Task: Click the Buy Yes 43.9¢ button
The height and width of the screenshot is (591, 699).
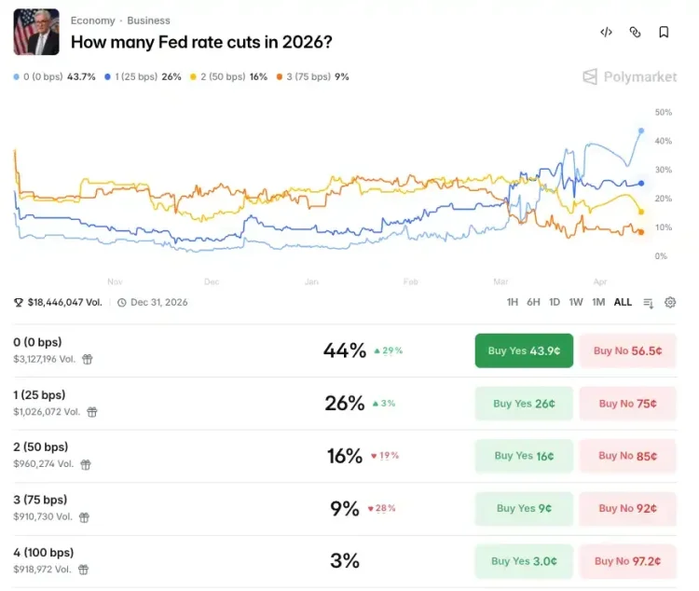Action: click(523, 351)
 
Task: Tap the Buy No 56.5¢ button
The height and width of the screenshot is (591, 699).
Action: click(627, 351)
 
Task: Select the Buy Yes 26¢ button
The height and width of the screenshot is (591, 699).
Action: click(523, 404)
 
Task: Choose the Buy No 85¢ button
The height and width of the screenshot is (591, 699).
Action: click(627, 456)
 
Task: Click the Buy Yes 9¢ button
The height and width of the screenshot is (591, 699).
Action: click(523, 508)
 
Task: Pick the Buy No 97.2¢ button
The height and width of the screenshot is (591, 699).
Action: click(627, 561)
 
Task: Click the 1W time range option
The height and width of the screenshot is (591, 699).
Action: click(576, 302)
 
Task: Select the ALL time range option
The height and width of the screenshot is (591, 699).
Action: click(623, 302)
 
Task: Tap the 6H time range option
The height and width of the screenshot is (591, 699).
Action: click(533, 302)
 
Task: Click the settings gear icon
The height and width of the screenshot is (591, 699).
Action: click(670, 302)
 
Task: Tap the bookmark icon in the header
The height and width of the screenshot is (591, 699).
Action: click(664, 32)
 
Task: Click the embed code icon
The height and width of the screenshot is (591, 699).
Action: click(606, 32)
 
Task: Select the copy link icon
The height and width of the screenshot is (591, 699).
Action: click(635, 32)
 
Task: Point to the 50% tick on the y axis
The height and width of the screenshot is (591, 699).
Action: click(663, 112)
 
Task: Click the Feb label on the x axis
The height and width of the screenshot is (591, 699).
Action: click(410, 281)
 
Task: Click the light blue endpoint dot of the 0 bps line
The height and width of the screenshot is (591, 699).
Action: click(641, 131)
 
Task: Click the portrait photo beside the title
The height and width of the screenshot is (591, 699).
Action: click(36, 32)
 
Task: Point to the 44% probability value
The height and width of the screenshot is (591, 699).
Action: click(344, 351)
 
